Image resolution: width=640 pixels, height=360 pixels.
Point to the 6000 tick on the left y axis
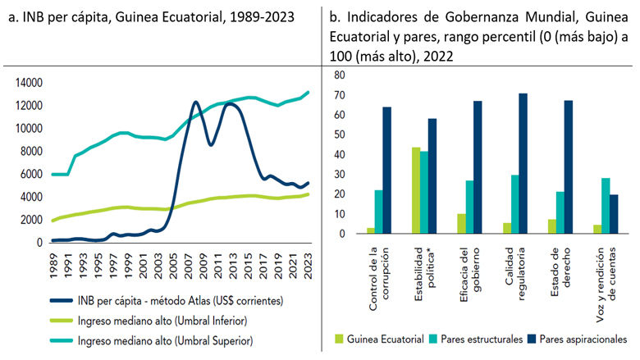click(x=30, y=175)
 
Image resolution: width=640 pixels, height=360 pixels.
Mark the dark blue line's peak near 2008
click(x=195, y=103)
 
